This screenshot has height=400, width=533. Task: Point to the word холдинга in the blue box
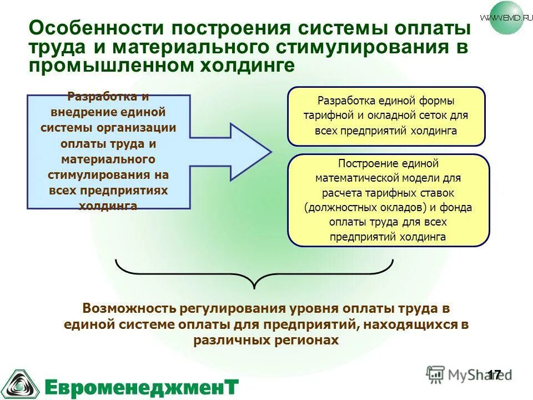[x=108, y=206]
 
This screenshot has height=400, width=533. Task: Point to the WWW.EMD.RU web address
[x=502, y=17]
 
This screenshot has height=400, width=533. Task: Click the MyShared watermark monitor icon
[x=436, y=374]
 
